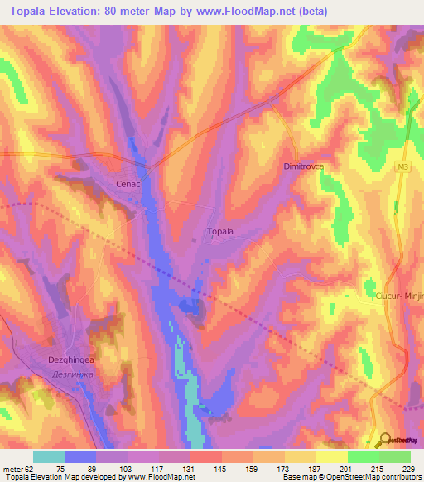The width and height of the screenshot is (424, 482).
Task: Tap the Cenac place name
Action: click(x=126, y=185)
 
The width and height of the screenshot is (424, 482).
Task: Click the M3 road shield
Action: click(x=402, y=168)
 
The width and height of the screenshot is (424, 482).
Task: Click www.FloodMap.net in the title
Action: click(x=249, y=12)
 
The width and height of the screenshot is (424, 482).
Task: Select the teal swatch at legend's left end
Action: click(x=49, y=456)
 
